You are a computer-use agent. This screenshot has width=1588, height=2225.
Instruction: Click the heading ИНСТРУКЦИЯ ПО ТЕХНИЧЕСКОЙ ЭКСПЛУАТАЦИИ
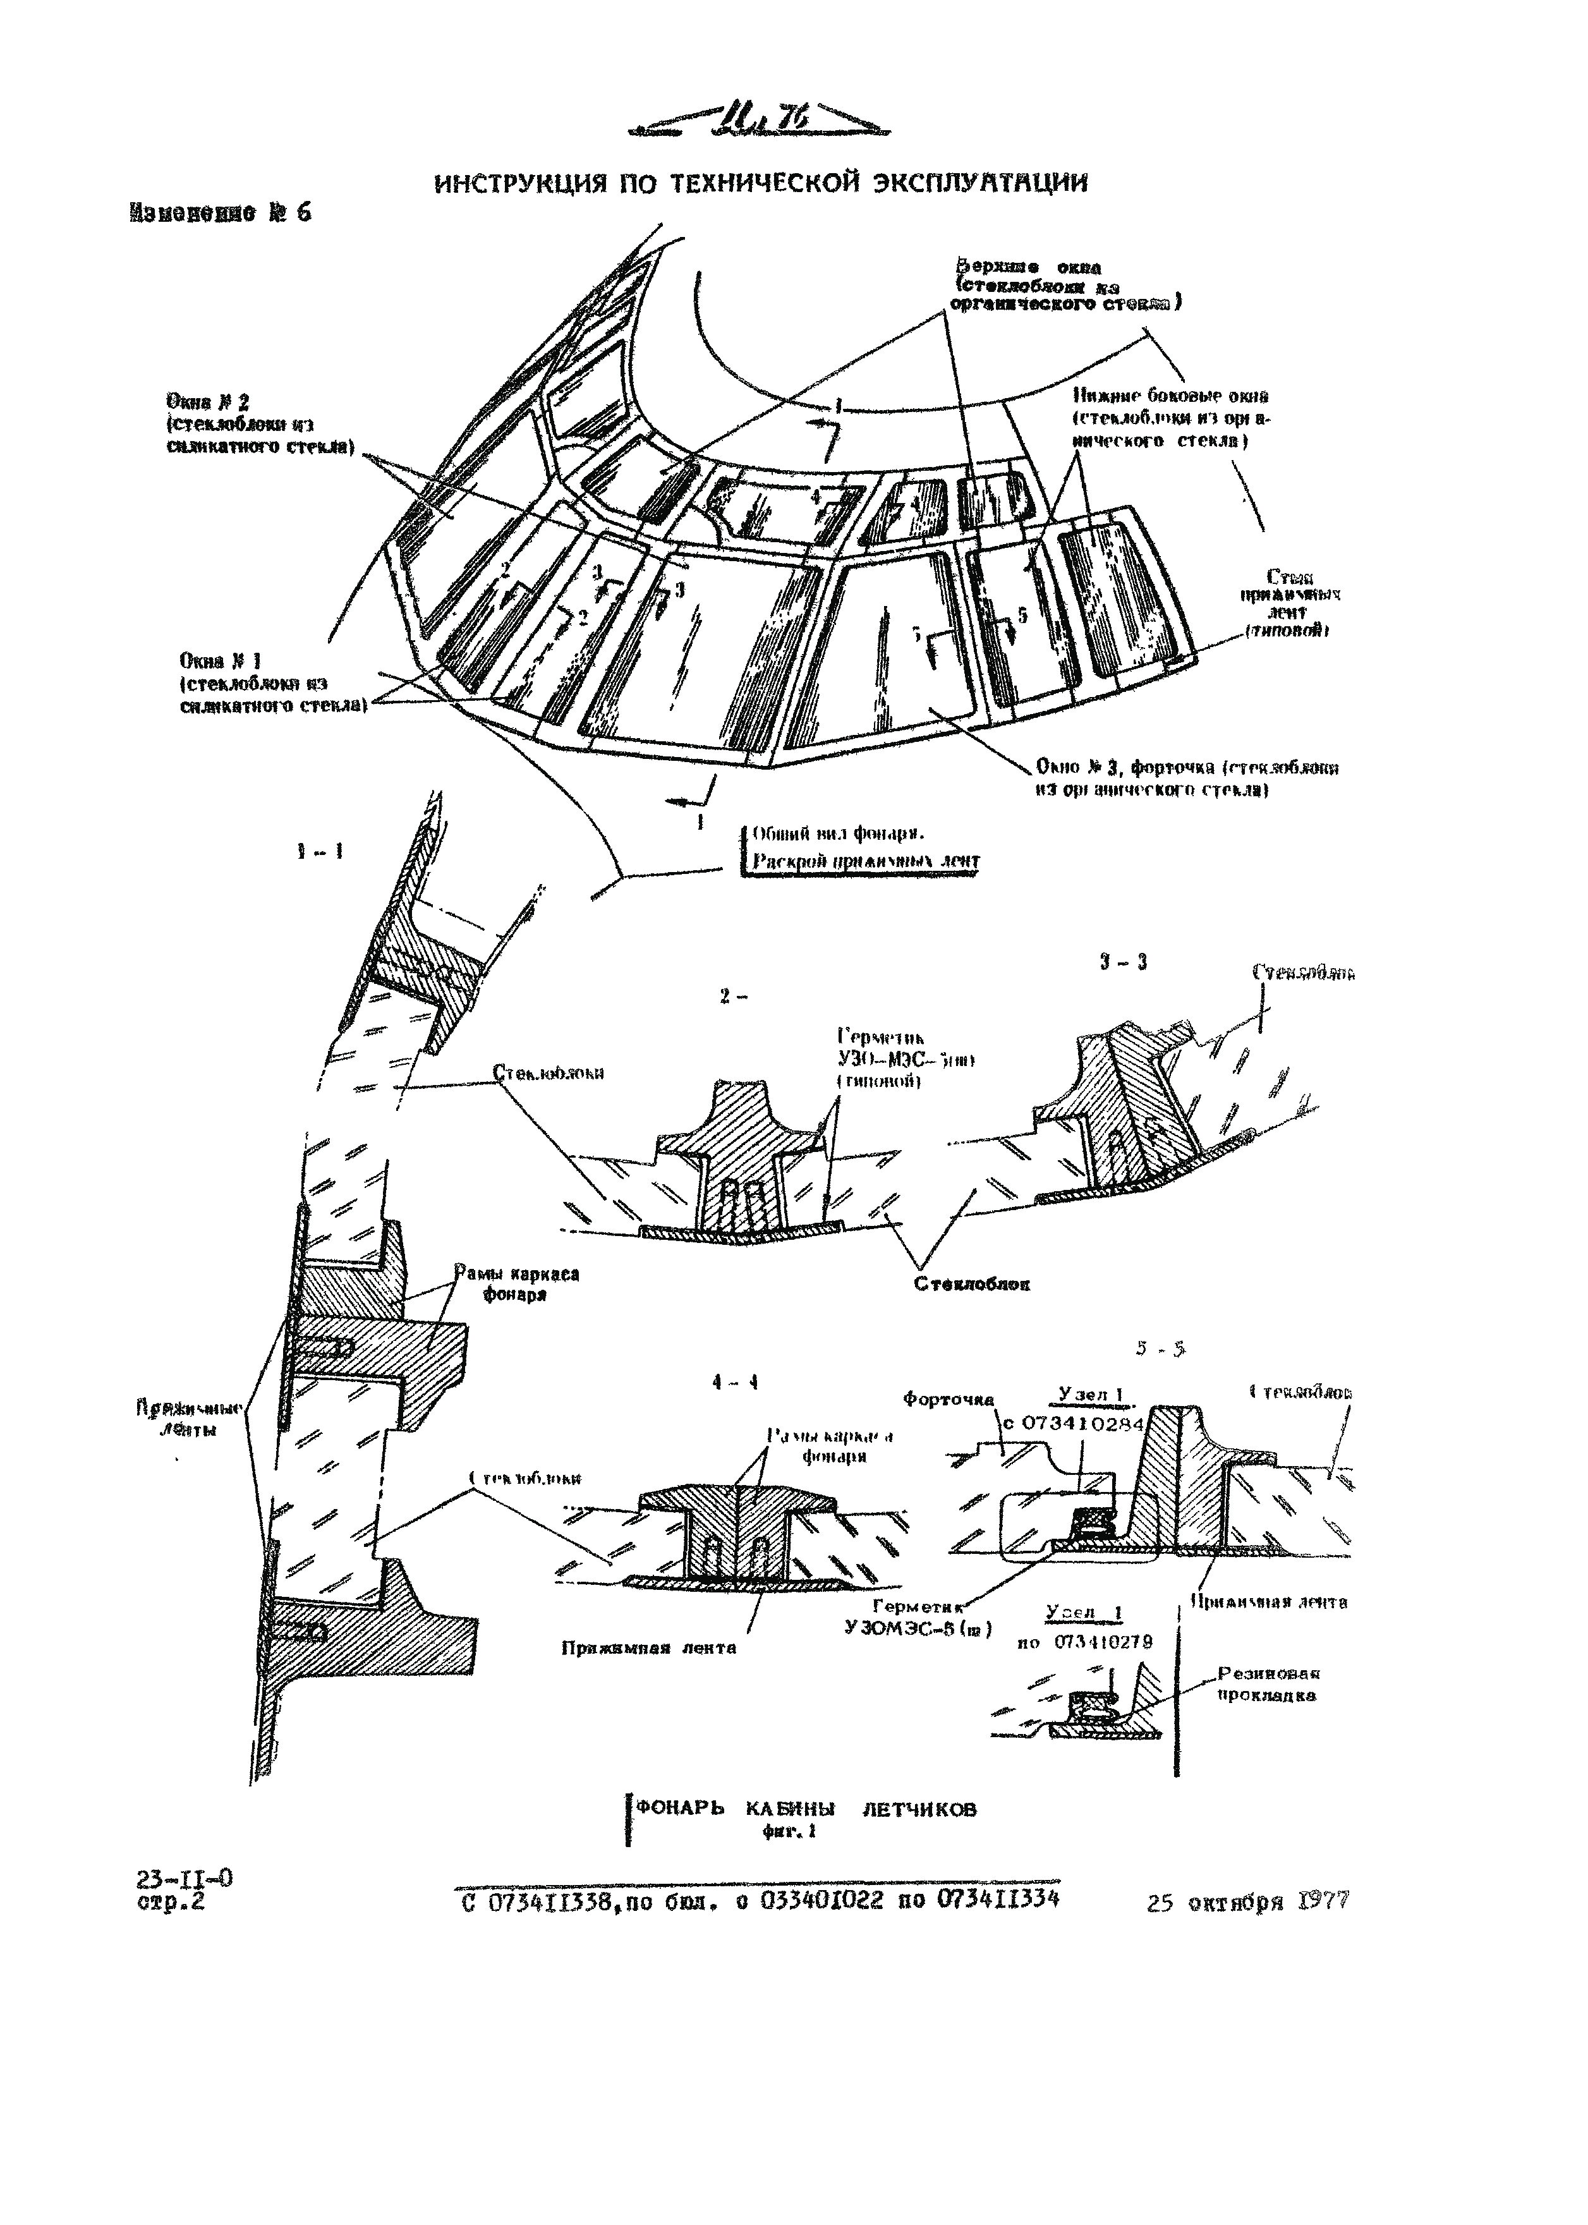pyautogui.click(x=760, y=183)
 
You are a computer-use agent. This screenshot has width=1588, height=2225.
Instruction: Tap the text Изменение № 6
pyautogui.click(x=219, y=213)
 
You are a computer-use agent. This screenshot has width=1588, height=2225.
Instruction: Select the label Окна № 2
pyautogui.click(x=209, y=402)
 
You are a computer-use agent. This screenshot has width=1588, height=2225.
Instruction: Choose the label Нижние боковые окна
pyautogui.click(x=1170, y=396)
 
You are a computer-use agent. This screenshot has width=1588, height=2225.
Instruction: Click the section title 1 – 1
pyautogui.click(x=320, y=851)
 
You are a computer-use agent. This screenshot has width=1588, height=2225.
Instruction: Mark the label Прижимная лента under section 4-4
pyautogui.click(x=648, y=1647)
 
